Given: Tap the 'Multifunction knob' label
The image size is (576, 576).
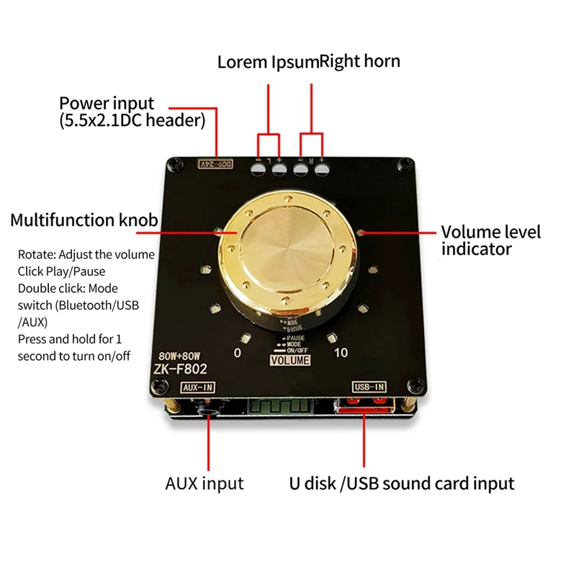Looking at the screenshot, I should (x=84, y=220).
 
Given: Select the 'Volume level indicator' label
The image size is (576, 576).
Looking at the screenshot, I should (x=490, y=240).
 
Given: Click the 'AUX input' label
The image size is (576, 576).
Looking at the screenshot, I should (x=204, y=483).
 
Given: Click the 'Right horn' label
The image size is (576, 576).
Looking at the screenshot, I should (x=360, y=62).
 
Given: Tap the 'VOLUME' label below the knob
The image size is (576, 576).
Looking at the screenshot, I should (x=292, y=360).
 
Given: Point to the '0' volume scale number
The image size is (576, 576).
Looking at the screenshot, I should (x=238, y=353).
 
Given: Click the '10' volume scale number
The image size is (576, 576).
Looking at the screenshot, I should (x=341, y=353).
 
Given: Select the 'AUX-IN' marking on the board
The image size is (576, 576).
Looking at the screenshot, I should (x=198, y=387).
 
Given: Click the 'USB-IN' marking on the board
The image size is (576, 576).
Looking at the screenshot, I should (x=368, y=387).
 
